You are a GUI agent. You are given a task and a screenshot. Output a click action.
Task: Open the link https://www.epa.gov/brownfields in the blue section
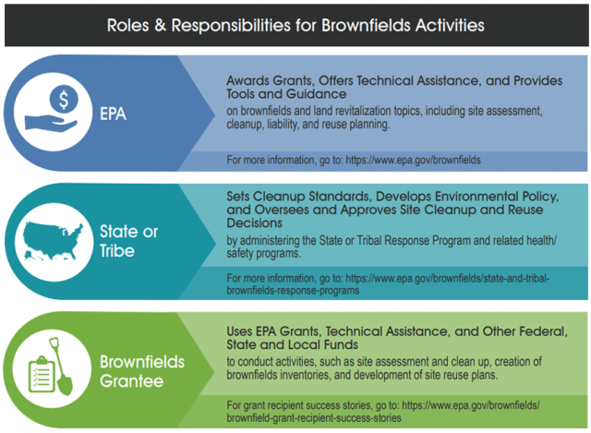413,160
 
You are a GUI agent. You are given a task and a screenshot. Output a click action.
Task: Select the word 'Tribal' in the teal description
366,242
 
